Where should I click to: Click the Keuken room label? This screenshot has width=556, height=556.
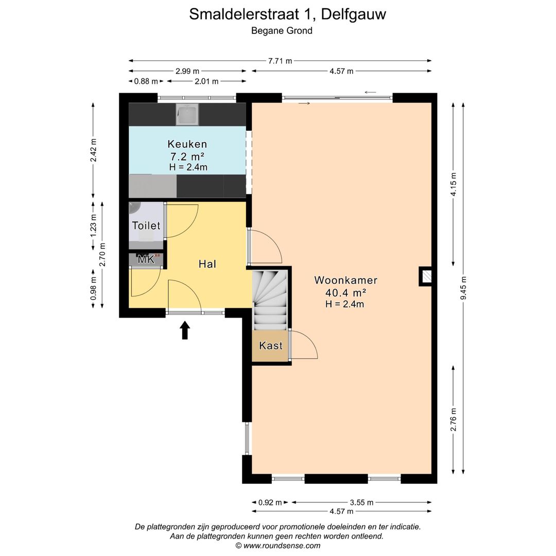coord(187,144)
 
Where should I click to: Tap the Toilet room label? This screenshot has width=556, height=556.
coord(146,225)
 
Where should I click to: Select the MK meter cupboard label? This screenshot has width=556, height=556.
coord(146,259)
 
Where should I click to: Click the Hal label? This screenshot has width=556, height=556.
coord(207,264)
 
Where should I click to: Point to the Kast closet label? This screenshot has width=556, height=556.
coord(271,345)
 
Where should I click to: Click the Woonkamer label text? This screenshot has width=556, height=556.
coord(345,281)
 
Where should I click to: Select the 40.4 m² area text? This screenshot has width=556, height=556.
coord(345,292)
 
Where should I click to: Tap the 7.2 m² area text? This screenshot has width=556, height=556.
coord(187,156)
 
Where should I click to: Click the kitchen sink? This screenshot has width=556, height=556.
coord(187,115)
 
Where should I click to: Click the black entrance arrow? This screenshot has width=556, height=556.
coord(185,330)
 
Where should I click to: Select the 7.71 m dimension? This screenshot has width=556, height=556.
coord(280,61)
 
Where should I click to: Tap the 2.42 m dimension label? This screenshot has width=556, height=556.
coord(93,150)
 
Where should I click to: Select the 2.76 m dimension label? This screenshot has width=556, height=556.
coord(453,419)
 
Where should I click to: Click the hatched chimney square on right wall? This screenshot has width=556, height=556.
coord(426,276)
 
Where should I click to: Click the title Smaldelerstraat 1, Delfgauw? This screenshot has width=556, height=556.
coord(287,14)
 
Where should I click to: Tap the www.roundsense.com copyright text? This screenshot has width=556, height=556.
coord(277,546)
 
